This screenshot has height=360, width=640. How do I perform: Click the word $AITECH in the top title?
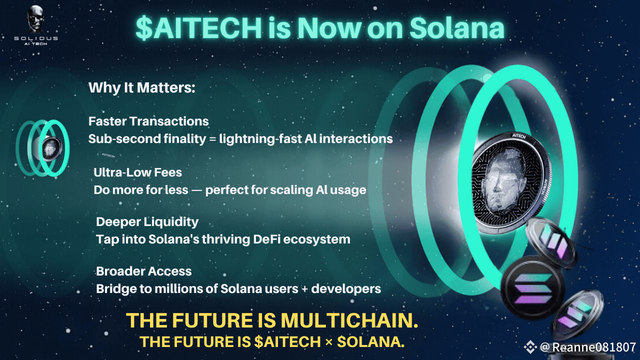[x=199, y=28]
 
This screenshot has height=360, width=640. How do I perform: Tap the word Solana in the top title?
[x=457, y=28]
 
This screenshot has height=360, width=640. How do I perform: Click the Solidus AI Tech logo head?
[x=35, y=19]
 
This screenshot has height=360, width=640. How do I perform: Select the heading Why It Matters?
[x=141, y=87]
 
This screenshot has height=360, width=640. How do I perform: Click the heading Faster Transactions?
[x=148, y=121]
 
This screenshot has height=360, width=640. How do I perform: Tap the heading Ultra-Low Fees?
[x=137, y=172]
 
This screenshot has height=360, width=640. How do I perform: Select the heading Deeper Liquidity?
[x=147, y=222]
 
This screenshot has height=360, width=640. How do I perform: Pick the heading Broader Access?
[x=143, y=271]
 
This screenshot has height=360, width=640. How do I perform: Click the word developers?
[x=346, y=289]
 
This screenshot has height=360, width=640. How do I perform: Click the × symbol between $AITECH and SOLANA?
[x=329, y=342]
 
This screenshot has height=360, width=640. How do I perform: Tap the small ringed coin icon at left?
[x=43, y=148]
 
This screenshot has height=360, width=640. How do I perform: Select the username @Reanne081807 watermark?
[x=588, y=347]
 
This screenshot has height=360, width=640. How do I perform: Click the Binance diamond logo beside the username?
[x=530, y=347]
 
